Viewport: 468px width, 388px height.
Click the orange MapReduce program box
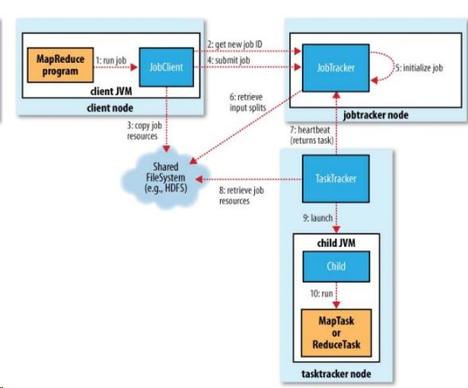click(x=60, y=65)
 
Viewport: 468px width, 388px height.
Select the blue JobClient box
click(x=166, y=67)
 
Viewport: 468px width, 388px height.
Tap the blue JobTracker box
click(x=336, y=68)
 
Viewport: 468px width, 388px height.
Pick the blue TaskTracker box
click(x=336, y=179)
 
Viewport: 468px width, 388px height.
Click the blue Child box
click(x=336, y=267)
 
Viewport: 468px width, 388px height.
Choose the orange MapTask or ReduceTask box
click(x=336, y=333)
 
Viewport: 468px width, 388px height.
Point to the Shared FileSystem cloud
click(x=165, y=179)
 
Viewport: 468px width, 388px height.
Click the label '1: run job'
click(x=111, y=60)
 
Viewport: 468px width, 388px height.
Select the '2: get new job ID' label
click(x=235, y=45)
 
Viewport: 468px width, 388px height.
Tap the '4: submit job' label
click(x=229, y=60)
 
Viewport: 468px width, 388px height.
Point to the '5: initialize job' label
click(x=419, y=68)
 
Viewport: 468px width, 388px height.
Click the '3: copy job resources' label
click(x=144, y=131)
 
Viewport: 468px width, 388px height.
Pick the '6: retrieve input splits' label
click(x=248, y=102)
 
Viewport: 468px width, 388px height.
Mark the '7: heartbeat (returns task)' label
click(x=312, y=135)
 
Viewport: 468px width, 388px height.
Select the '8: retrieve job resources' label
click(x=242, y=196)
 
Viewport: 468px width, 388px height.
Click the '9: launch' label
click(x=318, y=218)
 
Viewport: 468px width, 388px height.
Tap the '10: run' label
click(x=322, y=294)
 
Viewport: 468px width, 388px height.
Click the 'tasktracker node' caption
click(x=336, y=374)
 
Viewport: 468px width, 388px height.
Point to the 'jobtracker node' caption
click(x=375, y=115)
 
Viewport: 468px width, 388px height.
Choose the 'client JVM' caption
click(x=111, y=92)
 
